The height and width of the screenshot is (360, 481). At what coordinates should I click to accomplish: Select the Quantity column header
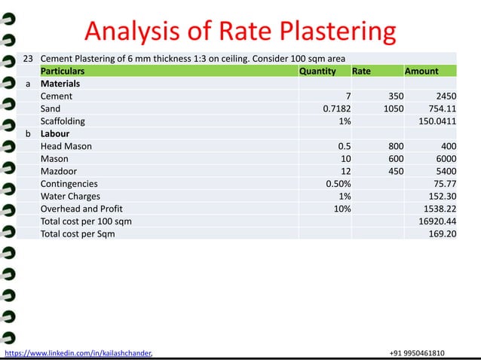(x=317, y=71)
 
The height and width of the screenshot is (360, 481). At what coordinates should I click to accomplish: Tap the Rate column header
(x=361, y=71)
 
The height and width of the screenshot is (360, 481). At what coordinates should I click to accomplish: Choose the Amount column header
(x=421, y=71)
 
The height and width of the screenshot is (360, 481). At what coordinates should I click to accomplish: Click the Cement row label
(x=57, y=96)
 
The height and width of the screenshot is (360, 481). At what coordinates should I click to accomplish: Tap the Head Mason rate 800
(x=395, y=146)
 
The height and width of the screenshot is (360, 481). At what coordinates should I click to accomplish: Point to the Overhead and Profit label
(x=81, y=209)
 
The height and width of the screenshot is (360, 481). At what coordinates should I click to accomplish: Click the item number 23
(x=29, y=58)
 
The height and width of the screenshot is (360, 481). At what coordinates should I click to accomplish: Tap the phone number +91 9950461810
(x=417, y=352)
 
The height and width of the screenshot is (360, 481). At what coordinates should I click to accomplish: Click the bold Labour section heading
(x=55, y=133)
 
